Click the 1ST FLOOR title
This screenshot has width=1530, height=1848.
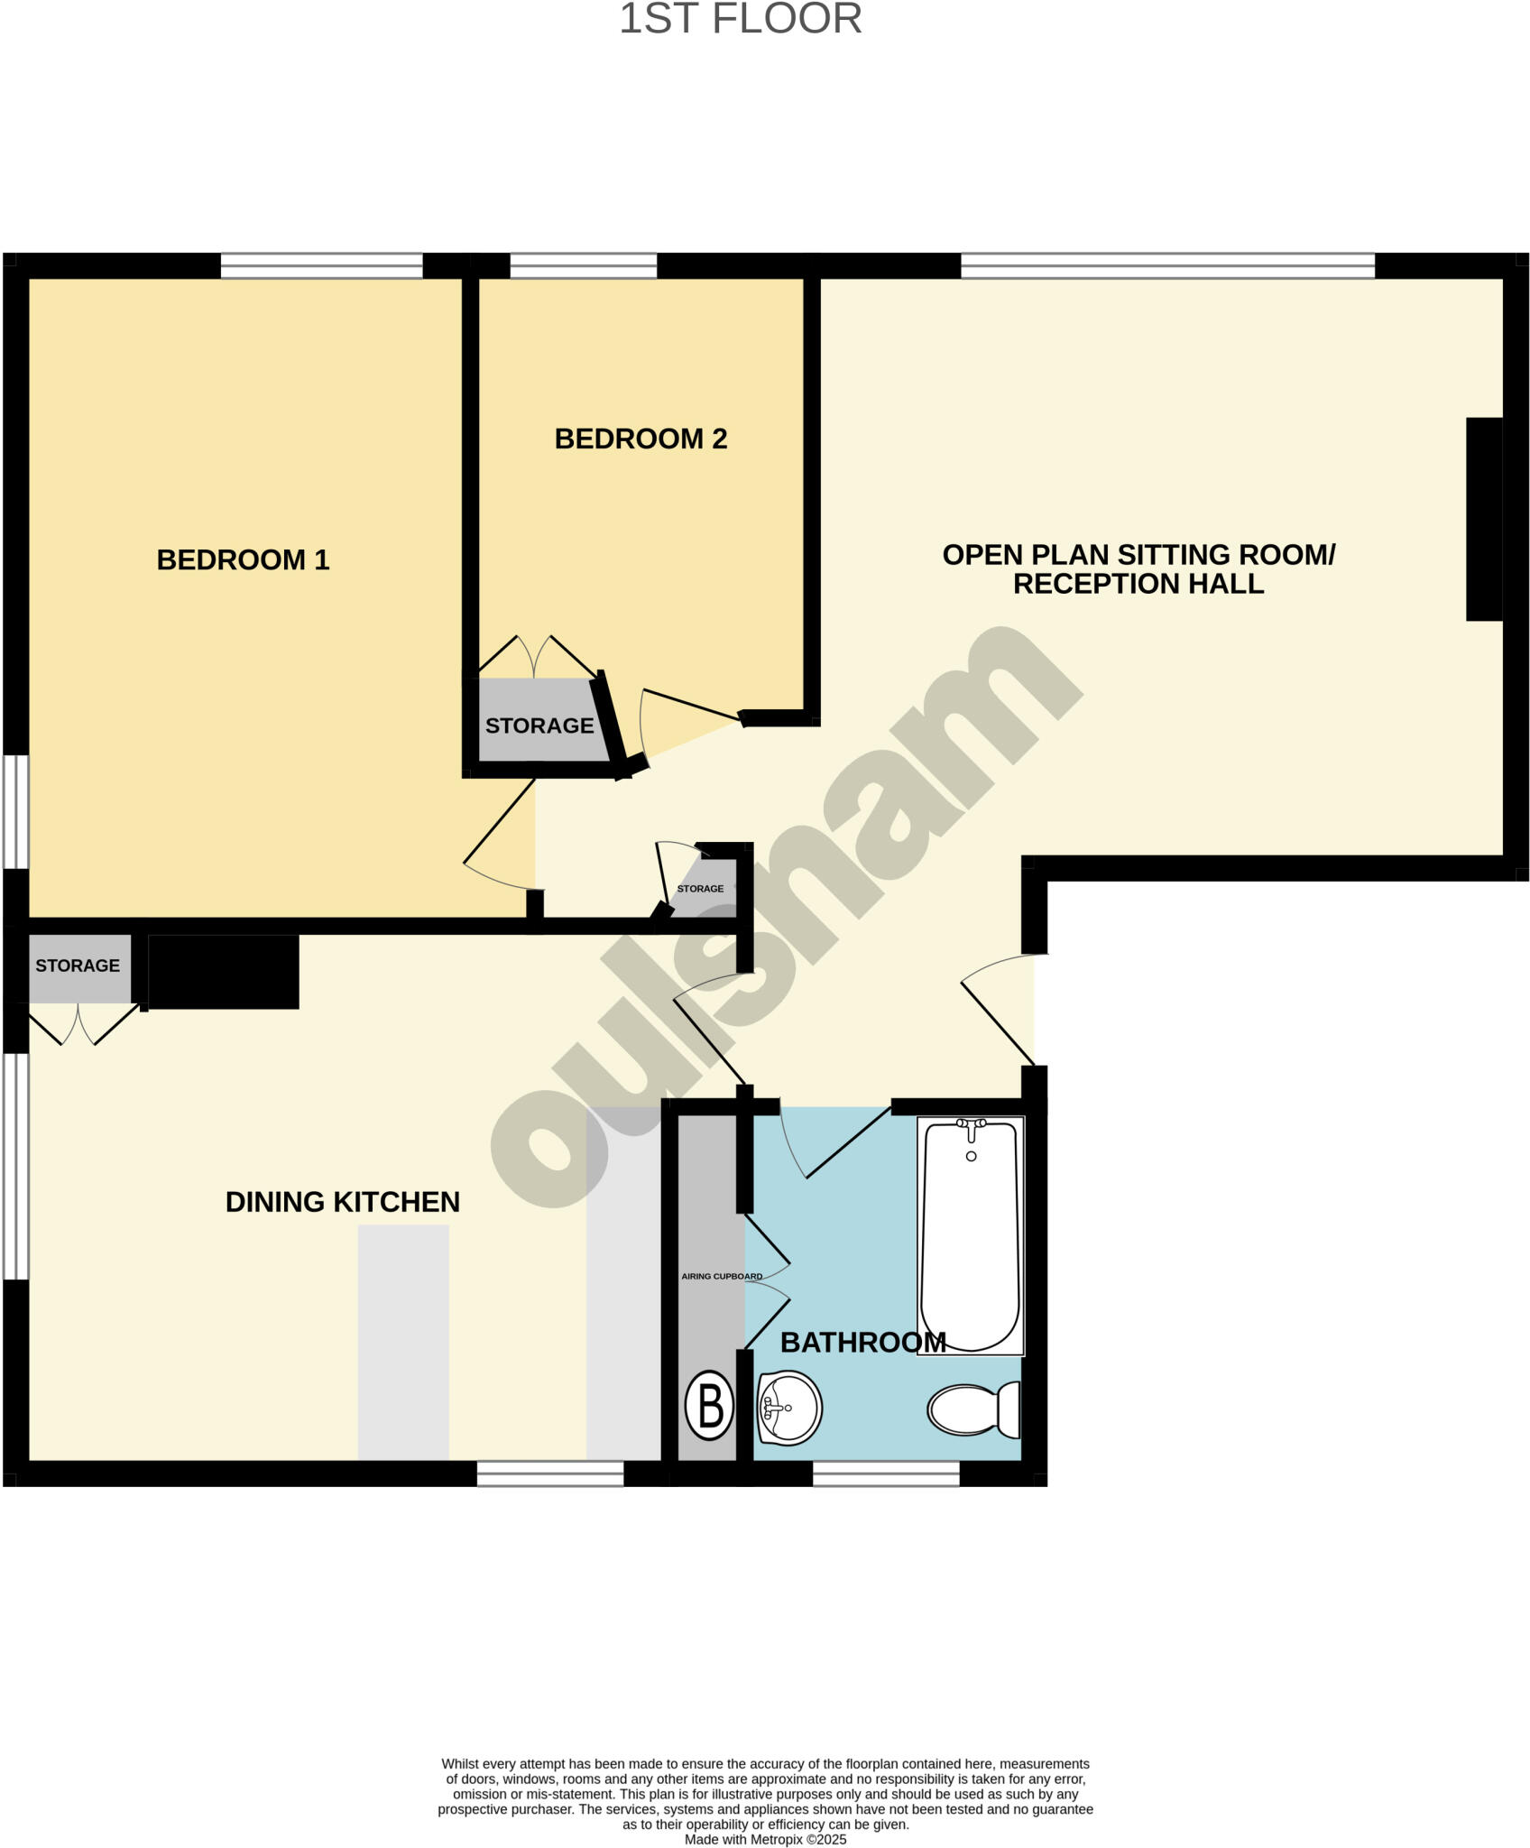tap(740, 20)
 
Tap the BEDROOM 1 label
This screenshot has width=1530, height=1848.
tap(243, 559)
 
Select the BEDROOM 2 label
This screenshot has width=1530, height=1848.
tap(641, 439)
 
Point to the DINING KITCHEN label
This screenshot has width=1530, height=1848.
tap(342, 1202)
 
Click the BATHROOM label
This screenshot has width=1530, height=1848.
tap(862, 1343)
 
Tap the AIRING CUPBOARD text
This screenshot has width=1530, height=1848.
tap(722, 1277)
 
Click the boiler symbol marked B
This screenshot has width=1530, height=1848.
tap(710, 1405)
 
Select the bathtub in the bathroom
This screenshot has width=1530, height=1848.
tap(971, 1236)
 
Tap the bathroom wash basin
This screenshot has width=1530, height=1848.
tap(788, 1408)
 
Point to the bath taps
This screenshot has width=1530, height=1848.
tap(972, 1125)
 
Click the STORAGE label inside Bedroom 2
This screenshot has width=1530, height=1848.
tap(539, 725)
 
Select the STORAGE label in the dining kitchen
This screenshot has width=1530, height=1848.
tap(78, 966)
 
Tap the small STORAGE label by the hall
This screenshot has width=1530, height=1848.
tap(700, 889)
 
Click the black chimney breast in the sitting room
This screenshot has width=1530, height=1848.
tap(1484, 519)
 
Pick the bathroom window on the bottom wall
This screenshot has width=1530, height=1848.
tap(886, 1474)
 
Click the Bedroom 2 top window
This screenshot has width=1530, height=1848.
tap(584, 265)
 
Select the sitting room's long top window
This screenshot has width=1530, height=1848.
tap(1167, 265)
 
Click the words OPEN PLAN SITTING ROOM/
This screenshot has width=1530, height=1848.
tap(1138, 554)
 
